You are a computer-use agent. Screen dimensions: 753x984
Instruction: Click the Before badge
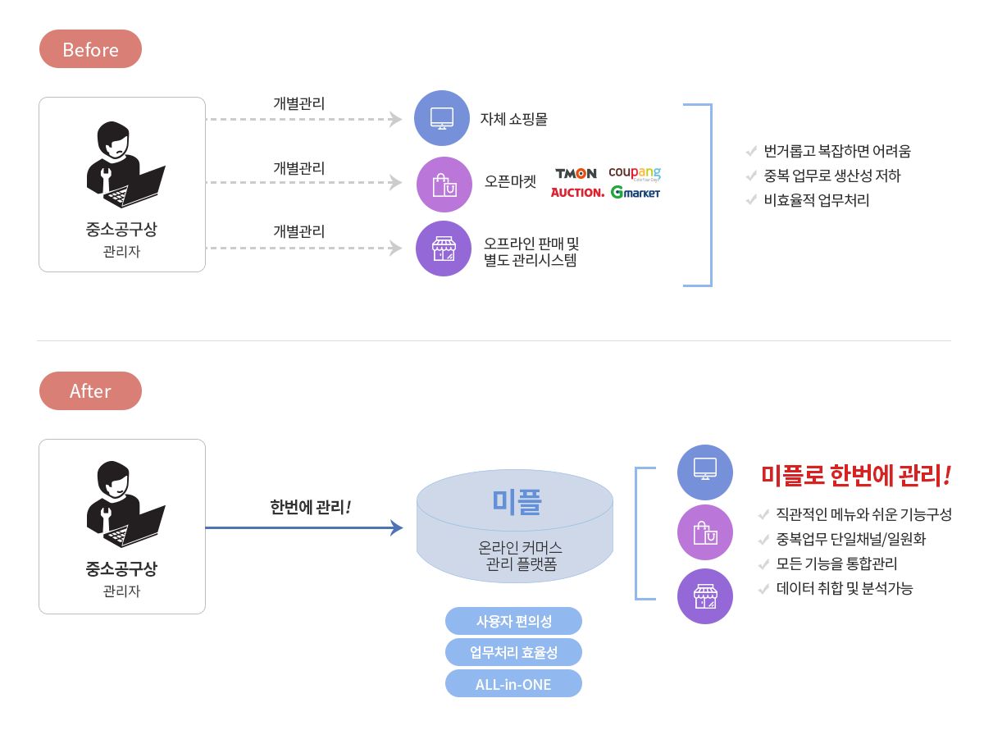[x=90, y=49]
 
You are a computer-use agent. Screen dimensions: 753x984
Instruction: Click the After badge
[x=90, y=391]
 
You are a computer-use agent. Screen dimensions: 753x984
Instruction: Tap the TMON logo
[x=576, y=173]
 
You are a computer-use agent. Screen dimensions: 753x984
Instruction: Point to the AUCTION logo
[x=577, y=193]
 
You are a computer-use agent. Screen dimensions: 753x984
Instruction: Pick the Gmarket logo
[x=635, y=193]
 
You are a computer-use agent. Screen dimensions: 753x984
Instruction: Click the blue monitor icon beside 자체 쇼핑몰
[x=442, y=118]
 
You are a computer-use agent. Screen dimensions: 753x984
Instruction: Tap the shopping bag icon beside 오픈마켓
[x=444, y=184]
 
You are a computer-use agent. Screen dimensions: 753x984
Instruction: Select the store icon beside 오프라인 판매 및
[x=444, y=248]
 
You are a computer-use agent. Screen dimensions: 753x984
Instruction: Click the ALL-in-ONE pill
[x=513, y=684]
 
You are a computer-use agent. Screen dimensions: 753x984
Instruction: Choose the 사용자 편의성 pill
[x=513, y=621]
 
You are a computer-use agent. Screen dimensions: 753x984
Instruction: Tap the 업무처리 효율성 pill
[x=513, y=652]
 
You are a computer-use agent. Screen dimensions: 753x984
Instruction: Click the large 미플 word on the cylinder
[x=516, y=501]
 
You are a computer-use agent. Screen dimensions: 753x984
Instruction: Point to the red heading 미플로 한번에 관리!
[x=856, y=474]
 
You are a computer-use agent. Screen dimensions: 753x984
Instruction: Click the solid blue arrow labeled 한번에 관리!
[x=303, y=527]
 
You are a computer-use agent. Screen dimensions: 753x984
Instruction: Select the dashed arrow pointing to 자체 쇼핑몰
[x=303, y=120]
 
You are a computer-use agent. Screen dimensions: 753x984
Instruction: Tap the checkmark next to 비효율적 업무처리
[x=750, y=199]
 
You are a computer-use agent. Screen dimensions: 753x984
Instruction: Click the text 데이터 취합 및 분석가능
[x=845, y=588]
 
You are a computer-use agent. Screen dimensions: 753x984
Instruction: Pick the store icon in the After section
[x=704, y=596]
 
